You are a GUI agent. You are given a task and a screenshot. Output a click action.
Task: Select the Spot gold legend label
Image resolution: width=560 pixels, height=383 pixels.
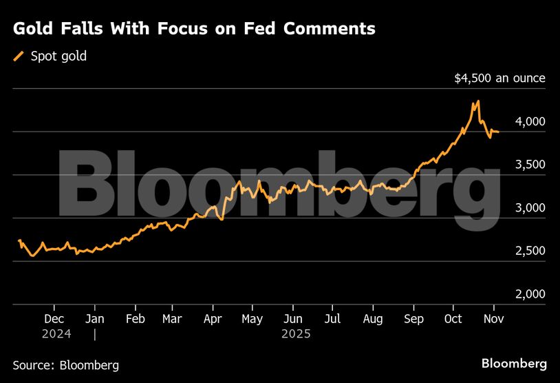tap(58, 56)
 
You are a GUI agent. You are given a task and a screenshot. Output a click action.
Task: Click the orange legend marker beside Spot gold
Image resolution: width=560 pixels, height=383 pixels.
tap(19, 56)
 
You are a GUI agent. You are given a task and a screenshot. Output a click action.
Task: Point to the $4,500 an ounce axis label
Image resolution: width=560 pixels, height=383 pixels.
tap(499, 79)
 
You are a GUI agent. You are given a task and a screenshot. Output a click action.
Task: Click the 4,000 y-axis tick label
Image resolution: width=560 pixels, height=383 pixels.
tap(530, 121)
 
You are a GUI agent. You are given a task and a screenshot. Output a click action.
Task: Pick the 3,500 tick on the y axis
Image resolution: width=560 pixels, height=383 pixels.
tap(530, 165)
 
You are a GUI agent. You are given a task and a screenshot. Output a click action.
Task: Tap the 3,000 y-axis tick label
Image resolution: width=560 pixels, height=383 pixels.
tap(530, 208)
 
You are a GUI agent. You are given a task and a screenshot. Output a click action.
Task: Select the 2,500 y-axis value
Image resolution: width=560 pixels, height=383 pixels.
tap(530, 251)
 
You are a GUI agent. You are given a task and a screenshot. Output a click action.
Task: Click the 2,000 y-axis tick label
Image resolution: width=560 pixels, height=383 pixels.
tap(530, 294)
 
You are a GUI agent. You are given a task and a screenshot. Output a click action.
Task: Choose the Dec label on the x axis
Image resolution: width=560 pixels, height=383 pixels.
tap(54, 319)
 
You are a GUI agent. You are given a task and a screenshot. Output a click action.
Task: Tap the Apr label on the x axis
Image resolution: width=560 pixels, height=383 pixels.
tap(213, 319)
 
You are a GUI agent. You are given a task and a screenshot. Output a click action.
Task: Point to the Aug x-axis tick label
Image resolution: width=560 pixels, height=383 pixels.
tap(372, 319)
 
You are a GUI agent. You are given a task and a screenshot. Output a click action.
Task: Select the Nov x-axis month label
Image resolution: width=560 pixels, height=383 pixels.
tap(493, 319)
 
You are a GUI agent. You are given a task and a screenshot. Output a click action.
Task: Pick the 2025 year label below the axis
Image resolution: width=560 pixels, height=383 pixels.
tap(297, 333)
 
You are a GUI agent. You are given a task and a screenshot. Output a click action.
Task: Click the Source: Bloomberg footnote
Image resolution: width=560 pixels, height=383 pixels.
tap(65, 364)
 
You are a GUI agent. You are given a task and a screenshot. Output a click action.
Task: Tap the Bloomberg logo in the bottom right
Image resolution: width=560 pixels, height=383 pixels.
tap(514, 363)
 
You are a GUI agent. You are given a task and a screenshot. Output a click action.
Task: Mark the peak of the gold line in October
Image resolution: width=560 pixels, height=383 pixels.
tap(477, 102)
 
